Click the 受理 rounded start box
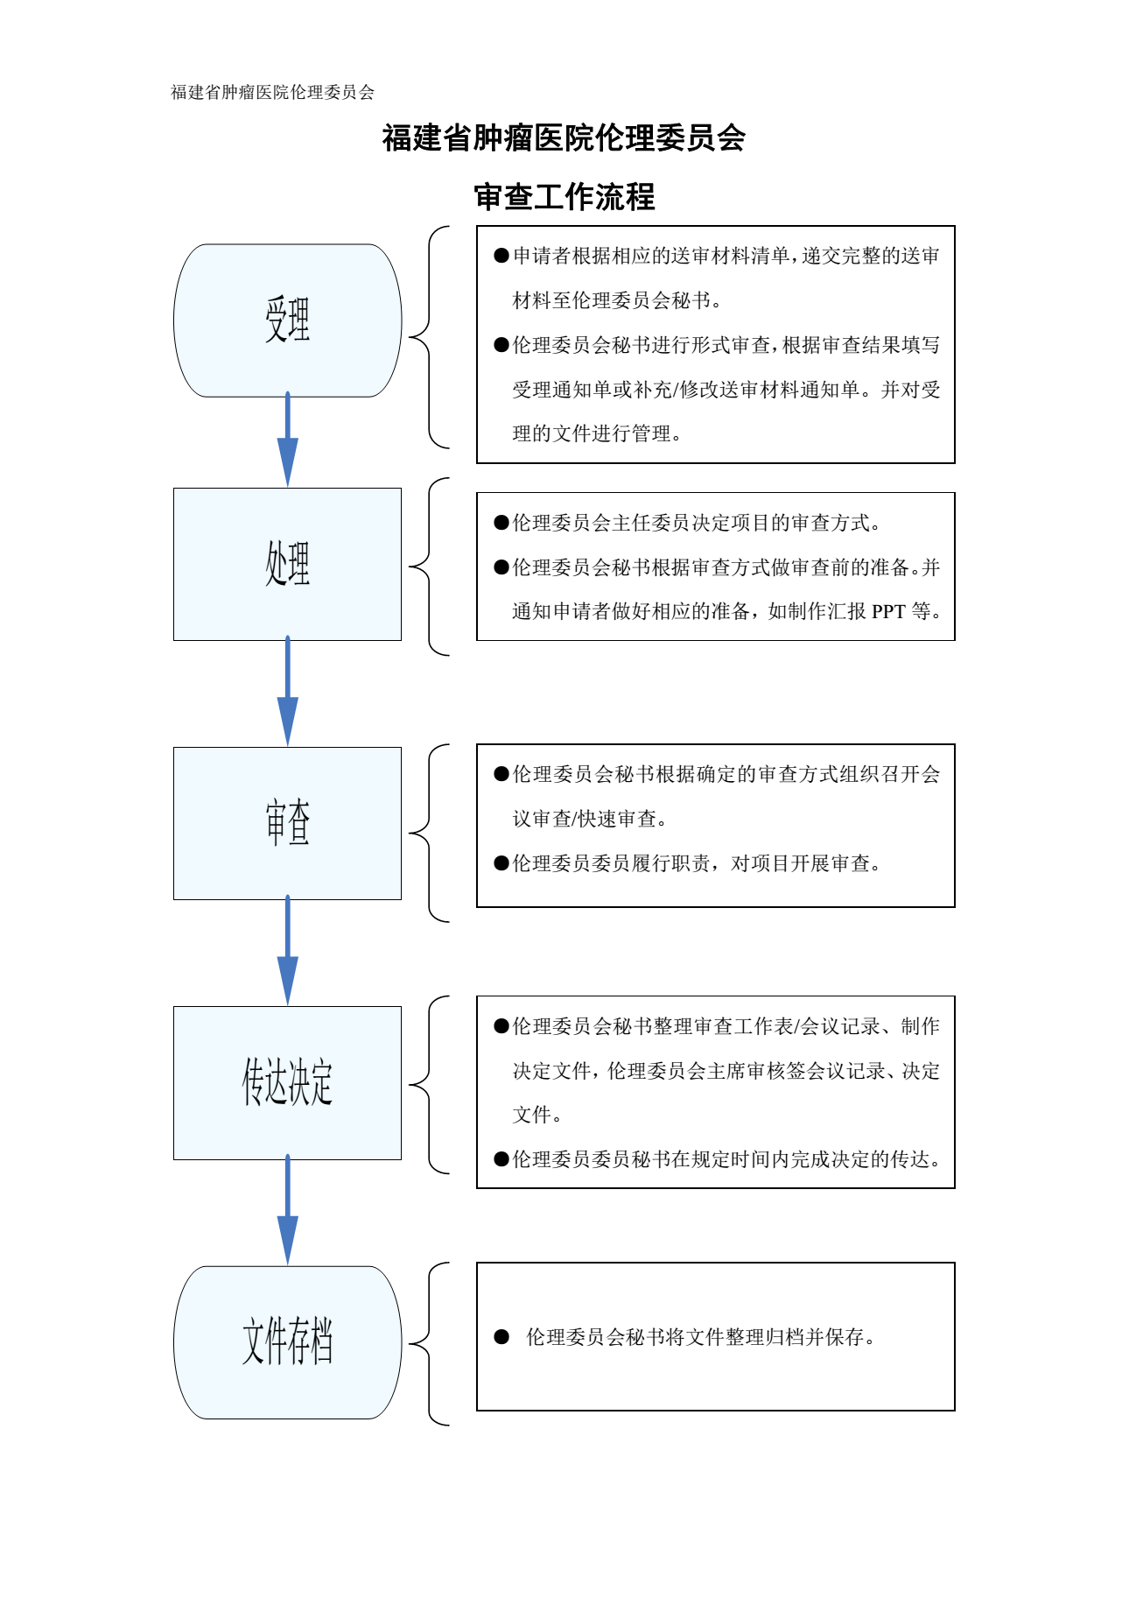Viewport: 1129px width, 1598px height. (287, 320)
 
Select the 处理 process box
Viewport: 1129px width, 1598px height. (287, 564)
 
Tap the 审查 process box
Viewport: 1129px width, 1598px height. (287, 823)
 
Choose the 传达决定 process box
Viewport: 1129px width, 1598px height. (287, 1082)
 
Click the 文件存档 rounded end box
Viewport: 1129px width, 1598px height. (287, 1341)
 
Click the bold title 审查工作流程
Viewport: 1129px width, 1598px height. (564, 197)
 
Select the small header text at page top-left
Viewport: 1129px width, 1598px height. (272, 92)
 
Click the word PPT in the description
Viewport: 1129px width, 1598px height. (888, 611)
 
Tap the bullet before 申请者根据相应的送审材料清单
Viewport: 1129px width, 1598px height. (501, 256)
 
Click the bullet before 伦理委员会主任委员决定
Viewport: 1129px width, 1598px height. (501, 523)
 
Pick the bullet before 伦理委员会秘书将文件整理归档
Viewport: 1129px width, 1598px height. (501, 1336)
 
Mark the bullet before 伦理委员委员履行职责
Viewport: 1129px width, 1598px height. (501, 863)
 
